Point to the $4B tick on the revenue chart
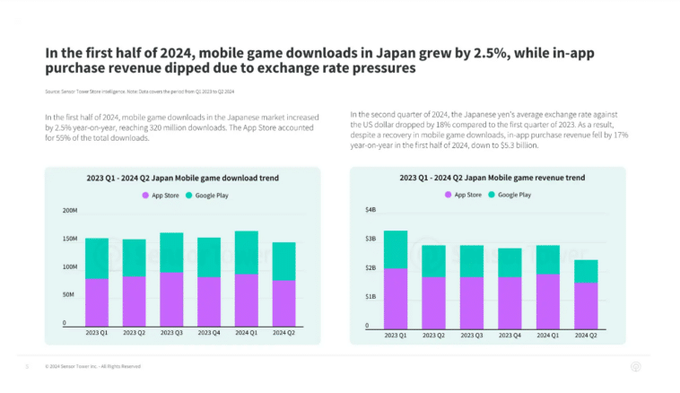point(370,210)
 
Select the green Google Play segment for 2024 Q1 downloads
point(246,253)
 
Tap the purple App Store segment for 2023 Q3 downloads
point(171,299)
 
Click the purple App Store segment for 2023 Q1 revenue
point(395,297)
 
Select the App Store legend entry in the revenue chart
point(466,195)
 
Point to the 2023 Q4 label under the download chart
point(209,334)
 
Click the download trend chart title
point(183,179)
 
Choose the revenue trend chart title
point(491,179)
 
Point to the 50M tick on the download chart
point(69,294)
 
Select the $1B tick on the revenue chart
point(371,296)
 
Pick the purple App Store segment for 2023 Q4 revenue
point(510,301)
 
